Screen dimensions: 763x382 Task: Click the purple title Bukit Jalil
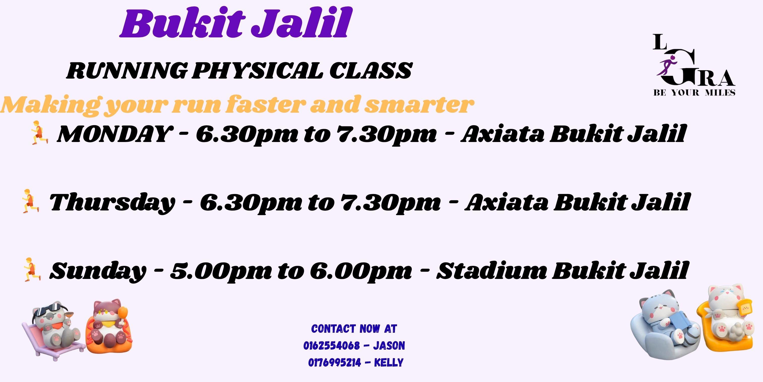235,24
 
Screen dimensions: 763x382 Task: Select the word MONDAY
114,134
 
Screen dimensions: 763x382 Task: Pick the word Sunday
98,271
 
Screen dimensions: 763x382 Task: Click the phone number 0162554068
332,346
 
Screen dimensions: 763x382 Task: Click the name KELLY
389,363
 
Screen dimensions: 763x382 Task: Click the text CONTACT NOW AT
354,329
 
